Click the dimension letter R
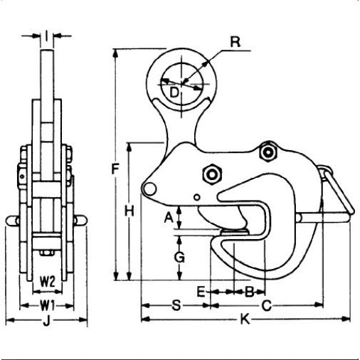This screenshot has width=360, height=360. click(x=235, y=42)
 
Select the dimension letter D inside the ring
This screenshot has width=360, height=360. click(x=174, y=92)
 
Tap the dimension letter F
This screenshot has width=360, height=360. click(x=115, y=169)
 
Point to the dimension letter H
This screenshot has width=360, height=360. click(x=129, y=211)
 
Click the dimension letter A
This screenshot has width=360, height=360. click(x=169, y=218)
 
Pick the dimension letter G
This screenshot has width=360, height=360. click(x=179, y=258)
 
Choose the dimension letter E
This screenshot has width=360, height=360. click(x=201, y=292)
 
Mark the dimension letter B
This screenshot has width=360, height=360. click(x=250, y=292)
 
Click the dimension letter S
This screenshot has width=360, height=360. click(x=176, y=305)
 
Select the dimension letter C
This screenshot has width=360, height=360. click(x=267, y=306)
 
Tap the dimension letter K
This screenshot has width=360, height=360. click(x=245, y=319)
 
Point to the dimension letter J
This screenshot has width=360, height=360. click(x=46, y=321)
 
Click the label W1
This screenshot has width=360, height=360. click(x=48, y=306)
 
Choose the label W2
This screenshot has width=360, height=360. click(x=48, y=282)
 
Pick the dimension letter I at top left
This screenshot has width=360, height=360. click(x=47, y=36)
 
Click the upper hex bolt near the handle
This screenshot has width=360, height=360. click(x=268, y=152)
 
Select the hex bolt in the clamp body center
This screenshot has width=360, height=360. click(x=212, y=175)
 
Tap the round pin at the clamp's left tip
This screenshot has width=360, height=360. click(x=149, y=189)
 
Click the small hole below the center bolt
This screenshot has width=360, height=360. click(x=197, y=197)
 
